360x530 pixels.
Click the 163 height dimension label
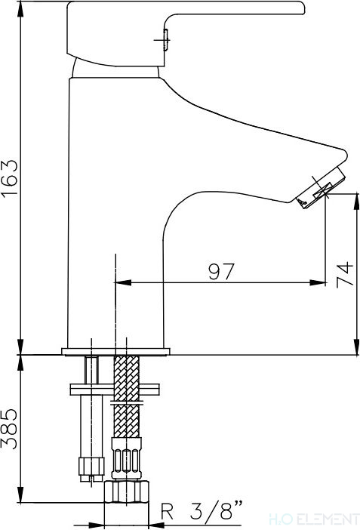9,177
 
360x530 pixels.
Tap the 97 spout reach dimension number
221,272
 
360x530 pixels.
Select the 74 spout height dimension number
344,274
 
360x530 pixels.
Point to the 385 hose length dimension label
9,429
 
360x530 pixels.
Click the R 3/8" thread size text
202,511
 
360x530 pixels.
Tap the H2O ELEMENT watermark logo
314,519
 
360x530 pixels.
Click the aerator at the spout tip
321,187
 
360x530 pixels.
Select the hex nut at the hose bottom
127,491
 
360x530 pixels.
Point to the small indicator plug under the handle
165,40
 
